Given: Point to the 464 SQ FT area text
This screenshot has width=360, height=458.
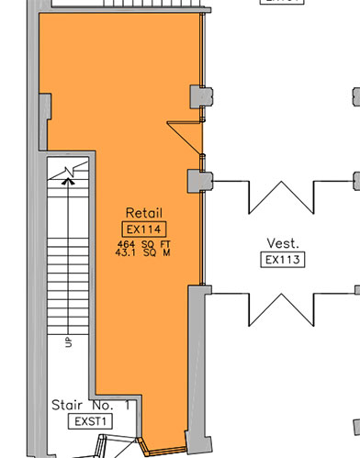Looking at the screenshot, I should pos(144,242).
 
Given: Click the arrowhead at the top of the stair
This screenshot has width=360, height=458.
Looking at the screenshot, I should pos(65,181).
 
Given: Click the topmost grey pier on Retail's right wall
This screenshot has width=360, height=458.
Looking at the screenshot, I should pos(200,94).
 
